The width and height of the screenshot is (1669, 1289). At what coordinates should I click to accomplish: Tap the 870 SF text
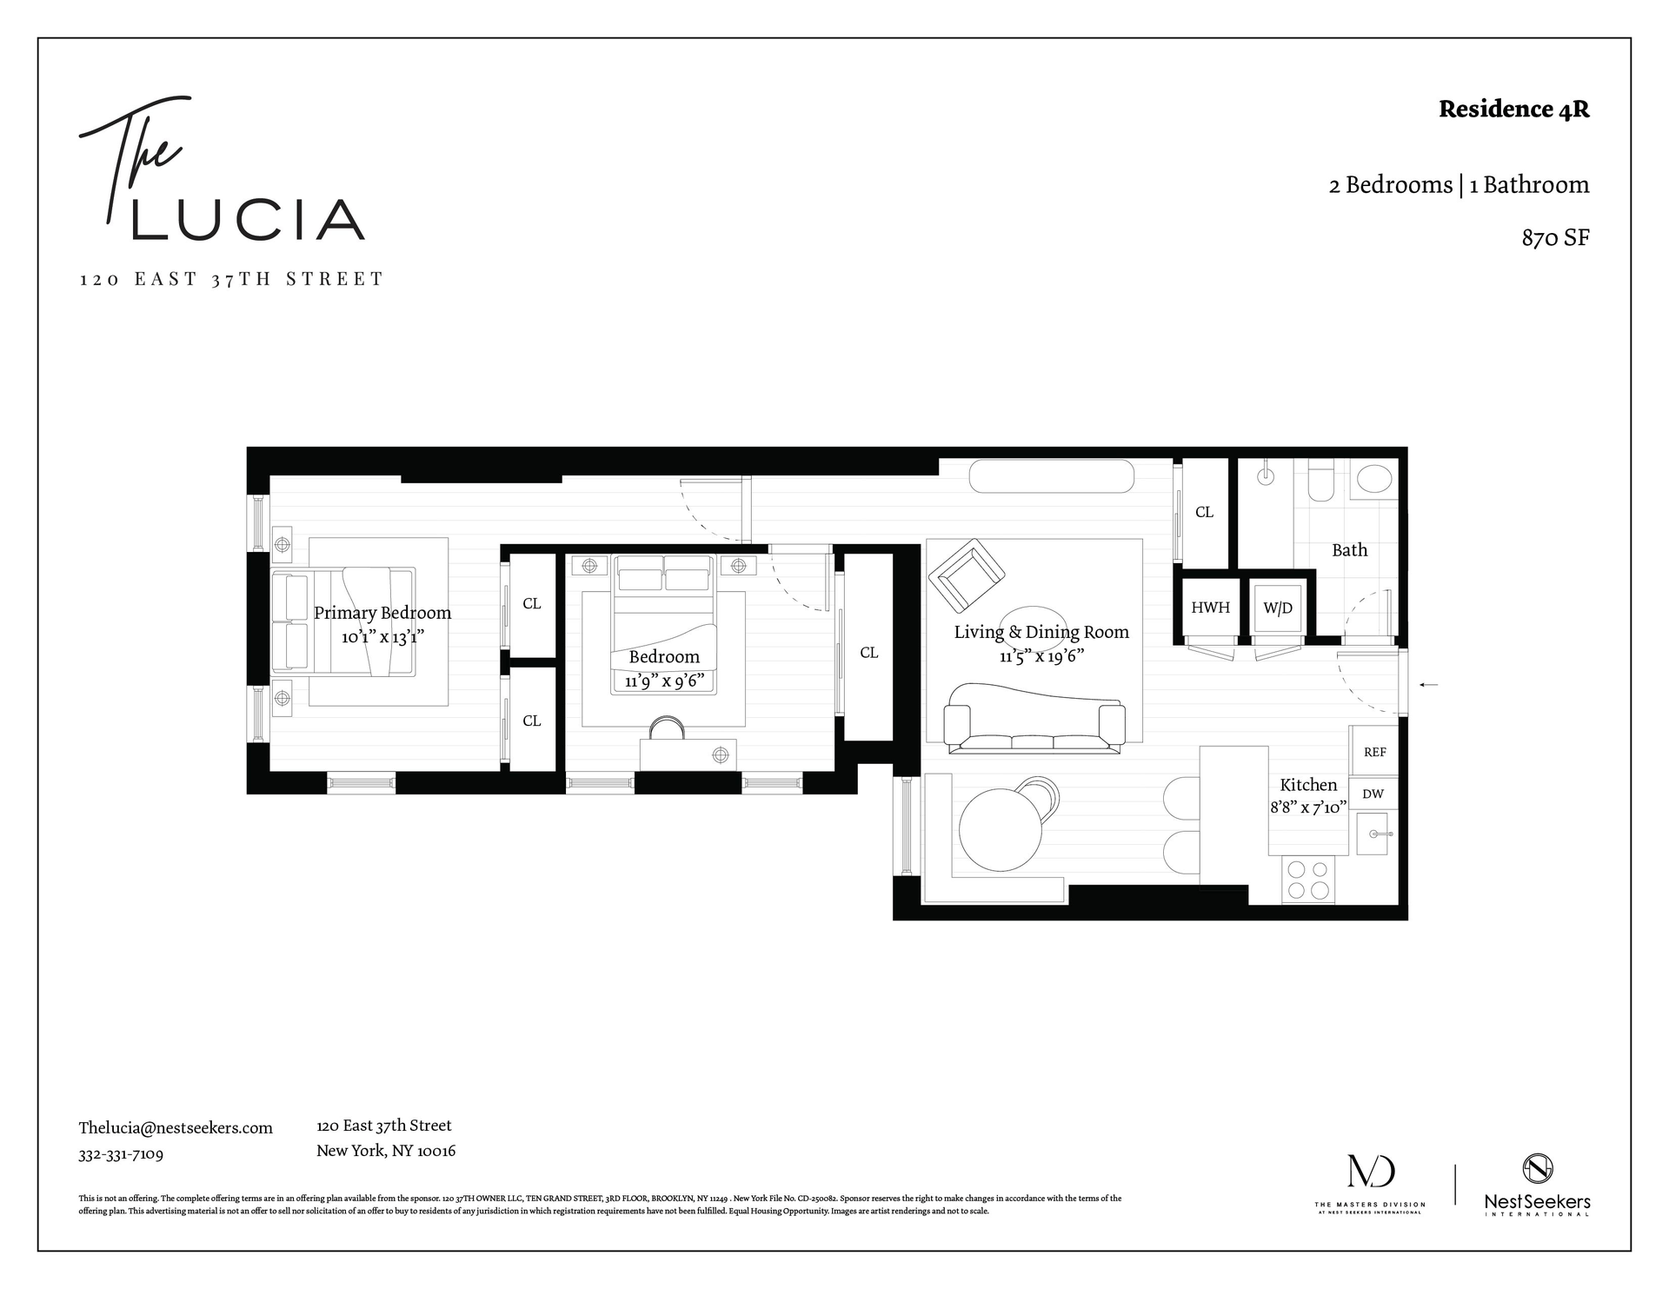pos(1555,238)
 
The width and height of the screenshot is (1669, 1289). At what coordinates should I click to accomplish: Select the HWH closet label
pos(1210,608)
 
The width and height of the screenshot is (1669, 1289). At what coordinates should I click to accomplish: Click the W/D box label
pos(1277,608)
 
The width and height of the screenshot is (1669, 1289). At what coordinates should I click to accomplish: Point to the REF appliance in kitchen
pos(1374,752)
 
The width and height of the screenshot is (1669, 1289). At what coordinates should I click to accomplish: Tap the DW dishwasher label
pos(1373,794)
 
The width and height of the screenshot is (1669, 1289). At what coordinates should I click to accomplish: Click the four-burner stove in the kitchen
pos(1308,879)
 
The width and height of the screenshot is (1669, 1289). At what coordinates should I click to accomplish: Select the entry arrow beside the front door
pos(1428,685)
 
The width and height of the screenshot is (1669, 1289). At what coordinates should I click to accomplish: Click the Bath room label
pos(1349,550)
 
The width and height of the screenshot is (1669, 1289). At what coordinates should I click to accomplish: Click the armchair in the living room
pos(966,575)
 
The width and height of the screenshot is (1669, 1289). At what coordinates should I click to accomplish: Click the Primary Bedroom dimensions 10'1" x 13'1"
pos(382,637)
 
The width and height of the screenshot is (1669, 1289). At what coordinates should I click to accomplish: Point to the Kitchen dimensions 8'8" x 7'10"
pos(1308,807)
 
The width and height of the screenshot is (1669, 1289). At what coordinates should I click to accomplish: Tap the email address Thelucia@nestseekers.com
pos(176,1128)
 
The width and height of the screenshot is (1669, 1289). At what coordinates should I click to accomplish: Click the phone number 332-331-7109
pos(121,1154)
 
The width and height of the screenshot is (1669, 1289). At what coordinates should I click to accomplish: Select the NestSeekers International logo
pos(1537,1185)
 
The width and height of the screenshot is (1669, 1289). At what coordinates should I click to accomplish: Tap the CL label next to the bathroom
pos(1204,512)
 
